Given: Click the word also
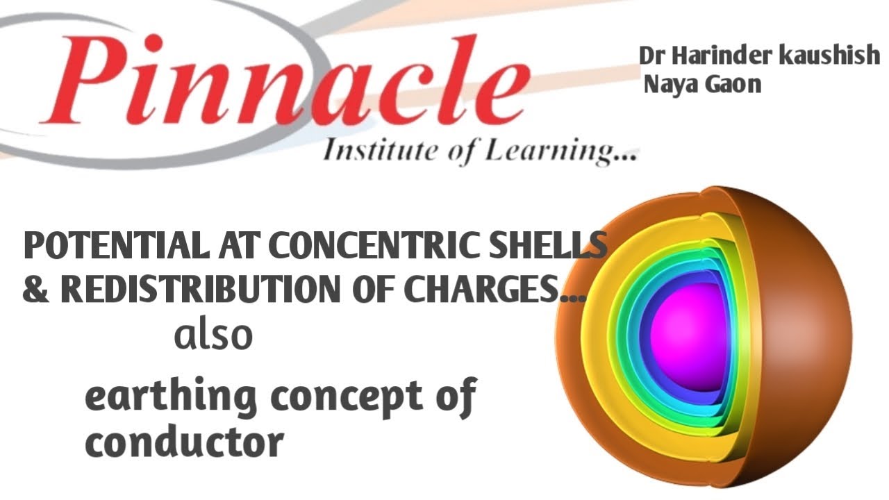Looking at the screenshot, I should click(x=213, y=336).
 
